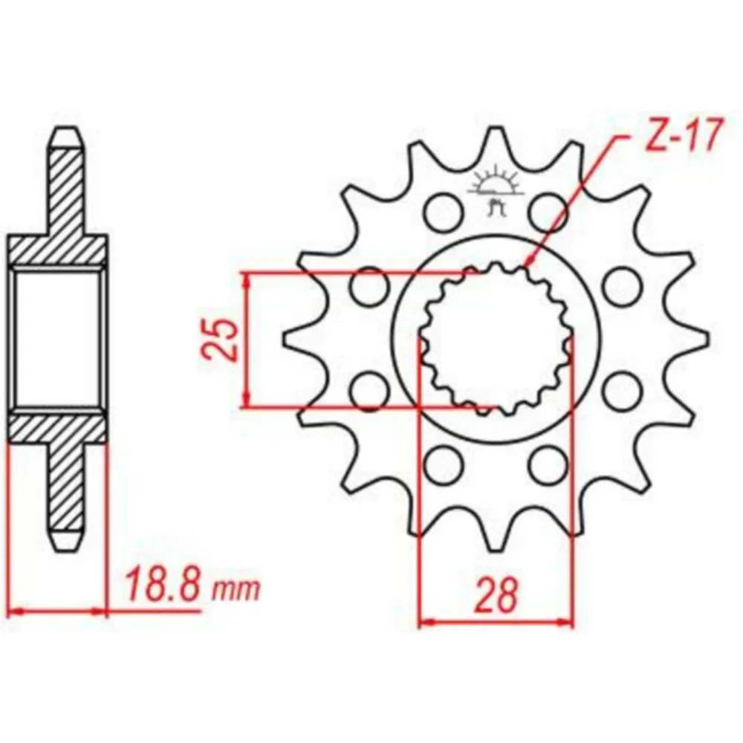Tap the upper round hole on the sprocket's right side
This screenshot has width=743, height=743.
click(x=622, y=286)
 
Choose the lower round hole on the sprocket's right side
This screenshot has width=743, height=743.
click(x=622, y=392)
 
